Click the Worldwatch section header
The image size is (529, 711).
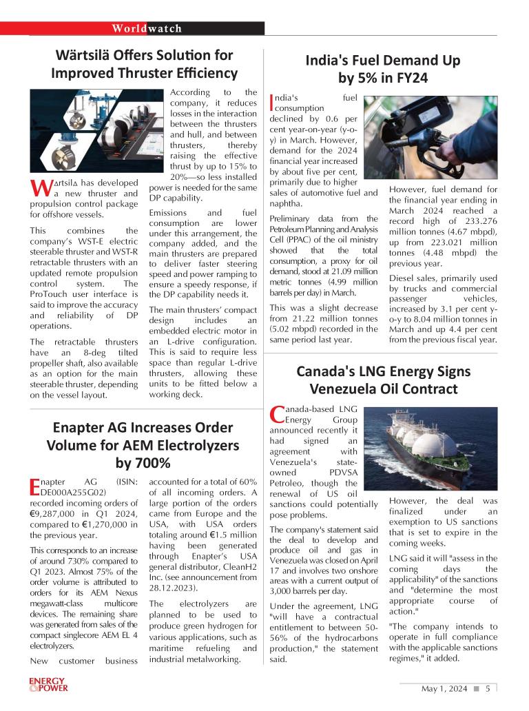147,28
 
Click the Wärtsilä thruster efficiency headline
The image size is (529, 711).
145,64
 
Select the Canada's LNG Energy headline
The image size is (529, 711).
383,380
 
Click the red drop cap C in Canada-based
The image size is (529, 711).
276,414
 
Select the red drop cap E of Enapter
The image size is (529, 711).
36,487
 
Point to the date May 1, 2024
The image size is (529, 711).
444,688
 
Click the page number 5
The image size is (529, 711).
488,688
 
